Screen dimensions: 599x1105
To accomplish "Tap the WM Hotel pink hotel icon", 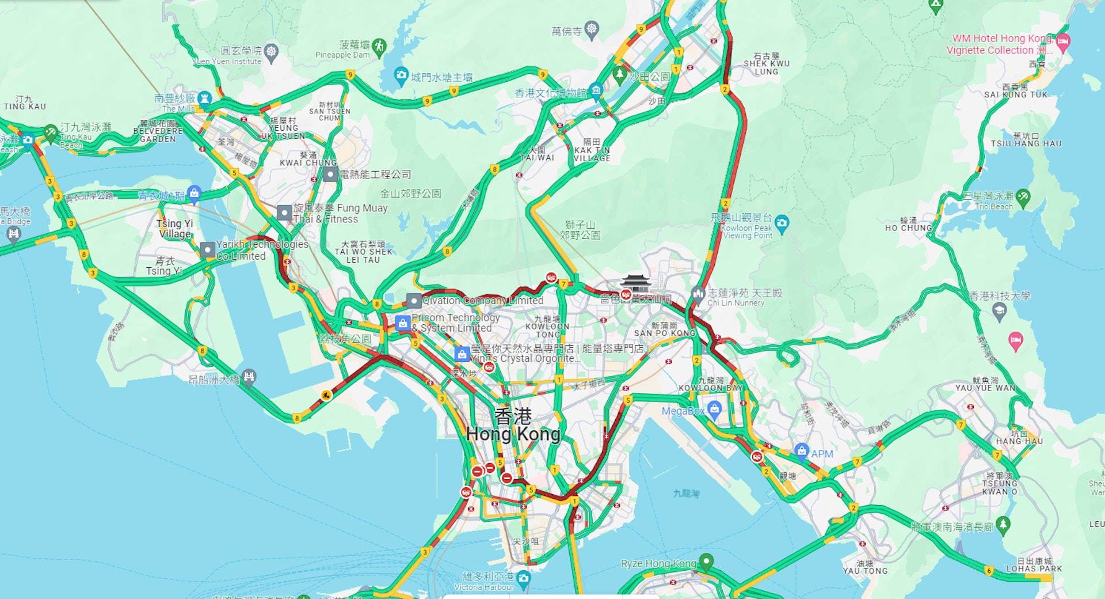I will (1063, 41).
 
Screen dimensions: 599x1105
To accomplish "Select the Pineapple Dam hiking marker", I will (379, 47).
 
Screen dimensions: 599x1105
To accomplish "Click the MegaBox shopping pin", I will (714, 410).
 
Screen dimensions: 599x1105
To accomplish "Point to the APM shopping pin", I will (801, 451).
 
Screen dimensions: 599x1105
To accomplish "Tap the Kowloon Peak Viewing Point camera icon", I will (782, 223).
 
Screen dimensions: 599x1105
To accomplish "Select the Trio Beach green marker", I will (1023, 197).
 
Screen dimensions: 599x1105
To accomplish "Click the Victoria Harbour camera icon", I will (523, 578).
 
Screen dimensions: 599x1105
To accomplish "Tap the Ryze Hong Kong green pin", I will (706, 560).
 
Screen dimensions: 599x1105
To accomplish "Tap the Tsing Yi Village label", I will (175, 229).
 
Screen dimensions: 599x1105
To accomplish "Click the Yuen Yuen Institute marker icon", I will (271, 52).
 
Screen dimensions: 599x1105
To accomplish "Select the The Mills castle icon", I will (204, 98).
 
